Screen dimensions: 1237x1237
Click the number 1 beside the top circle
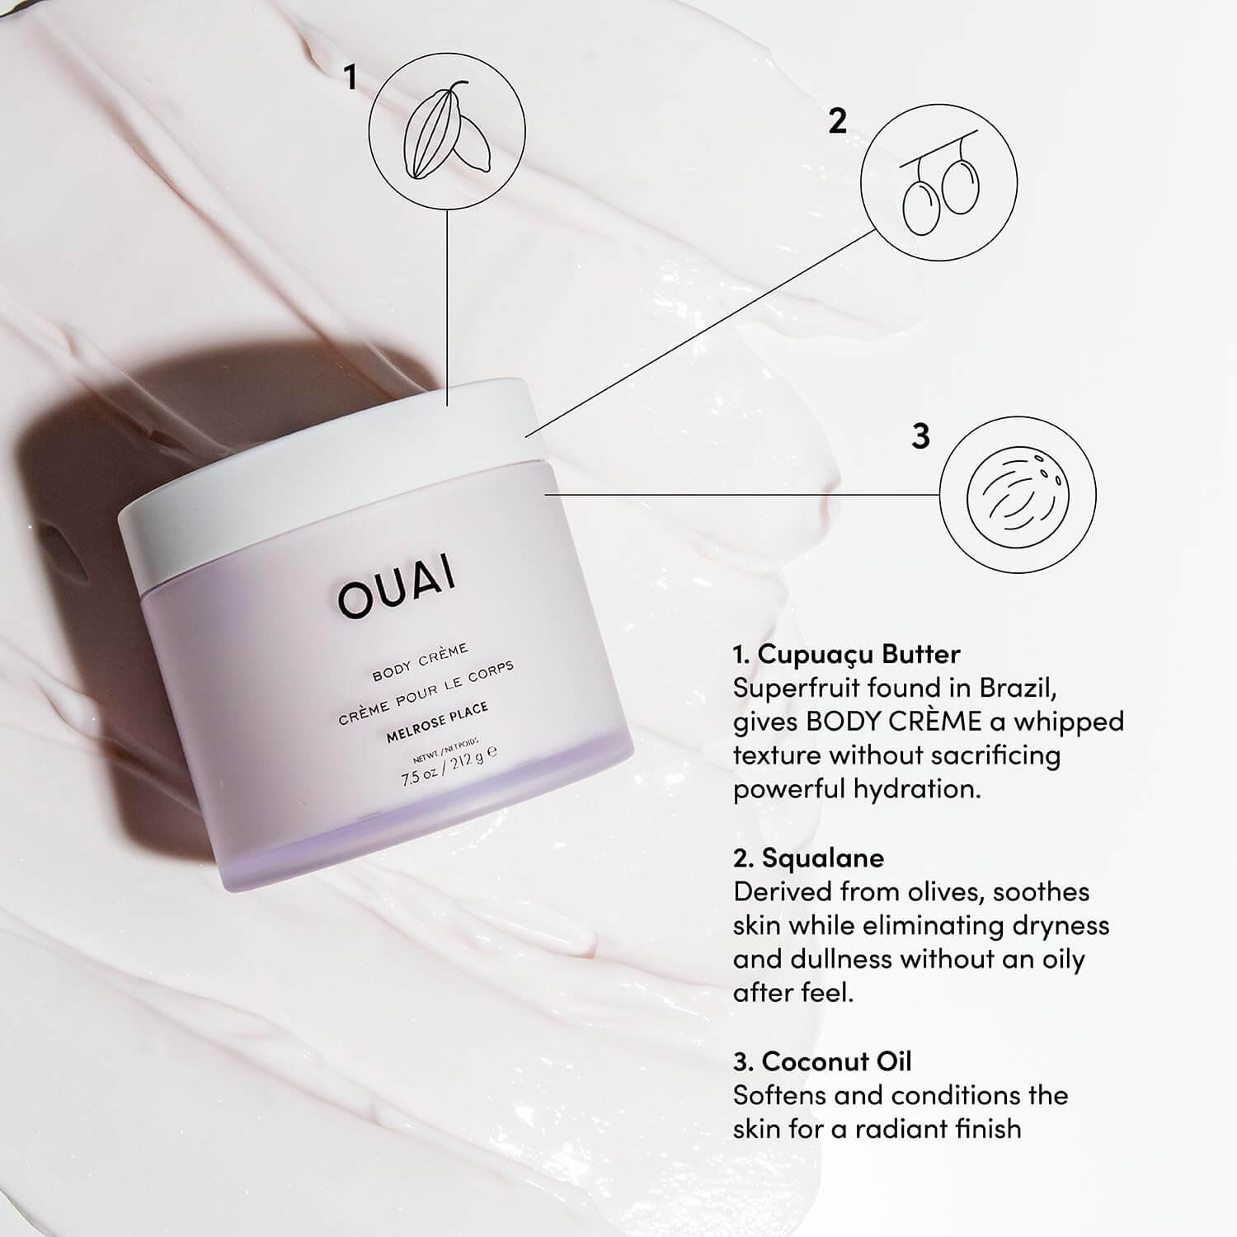351,78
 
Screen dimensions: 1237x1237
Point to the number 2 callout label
837,122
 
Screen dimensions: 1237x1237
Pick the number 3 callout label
921,435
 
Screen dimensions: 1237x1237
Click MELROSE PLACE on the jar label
437,722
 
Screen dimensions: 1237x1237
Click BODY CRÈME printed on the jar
420,662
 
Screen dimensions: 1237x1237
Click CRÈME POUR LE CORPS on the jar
426,692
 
